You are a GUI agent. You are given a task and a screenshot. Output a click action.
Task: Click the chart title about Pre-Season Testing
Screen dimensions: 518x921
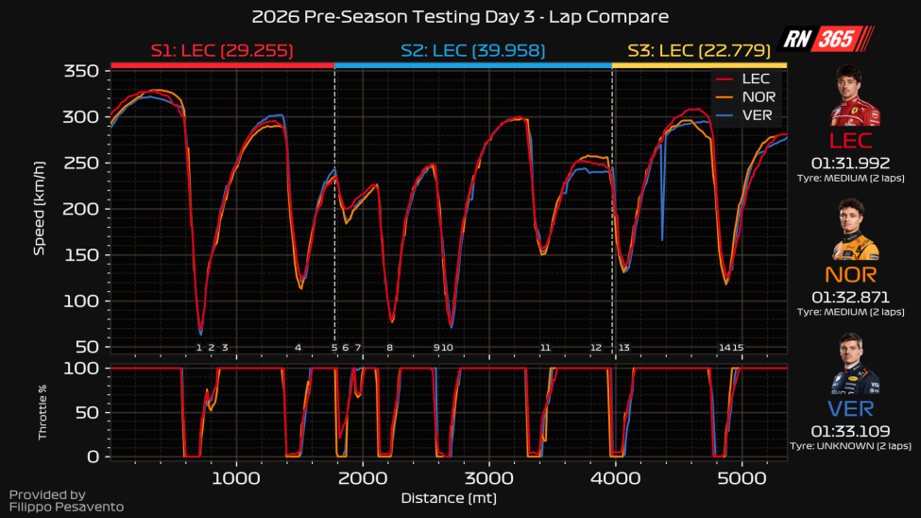[x=460, y=17]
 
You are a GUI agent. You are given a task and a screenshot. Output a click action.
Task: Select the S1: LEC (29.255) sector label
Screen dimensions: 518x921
[x=222, y=50]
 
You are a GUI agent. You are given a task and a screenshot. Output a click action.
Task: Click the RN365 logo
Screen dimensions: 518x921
[x=828, y=40]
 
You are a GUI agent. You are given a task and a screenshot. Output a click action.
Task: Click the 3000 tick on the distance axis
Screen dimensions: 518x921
[x=488, y=477]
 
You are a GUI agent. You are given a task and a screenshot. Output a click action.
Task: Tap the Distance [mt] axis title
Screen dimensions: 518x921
[x=449, y=498]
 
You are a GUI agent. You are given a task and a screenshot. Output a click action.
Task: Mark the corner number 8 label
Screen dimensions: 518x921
[x=389, y=348]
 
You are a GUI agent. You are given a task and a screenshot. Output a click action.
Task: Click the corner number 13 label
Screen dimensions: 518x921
[x=624, y=348]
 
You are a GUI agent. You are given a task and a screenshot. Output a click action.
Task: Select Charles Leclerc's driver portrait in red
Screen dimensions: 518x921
[x=854, y=96]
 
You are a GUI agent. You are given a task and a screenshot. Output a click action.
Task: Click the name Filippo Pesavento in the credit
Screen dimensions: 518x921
[x=66, y=508]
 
